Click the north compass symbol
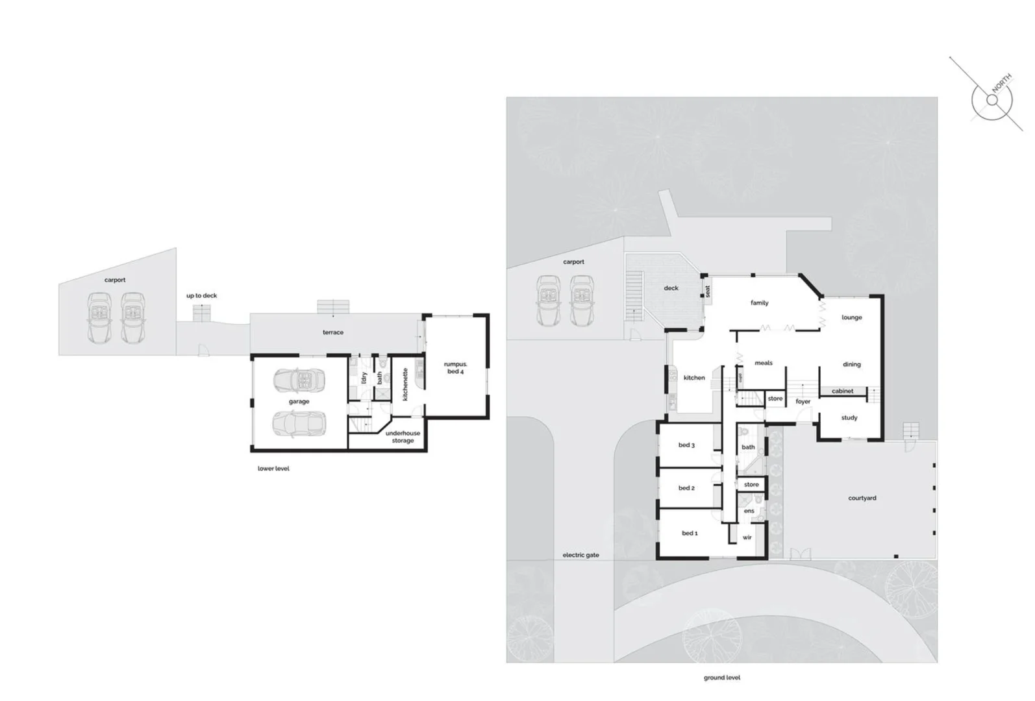(x=991, y=100)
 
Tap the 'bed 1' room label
(x=690, y=534)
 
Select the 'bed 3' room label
(x=686, y=445)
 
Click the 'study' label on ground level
(x=849, y=418)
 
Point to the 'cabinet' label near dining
(x=843, y=391)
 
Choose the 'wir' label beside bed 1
(x=747, y=537)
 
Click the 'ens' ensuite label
(x=749, y=511)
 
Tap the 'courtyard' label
(x=862, y=498)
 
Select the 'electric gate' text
(x=580, y=556)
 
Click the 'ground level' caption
(x=722, y=678)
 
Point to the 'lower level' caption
(x=273, y=469)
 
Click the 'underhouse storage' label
(x=403, y=437)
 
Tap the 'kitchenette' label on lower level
(x=406, y=384)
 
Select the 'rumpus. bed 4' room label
(x=455, y=368)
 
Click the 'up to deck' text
(x=202, y=296)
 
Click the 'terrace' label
(x=333, y=332)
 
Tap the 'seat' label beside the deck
(x=708, y=291)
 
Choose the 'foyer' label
(x=803, y=402)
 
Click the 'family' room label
(x=760, y=303)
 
